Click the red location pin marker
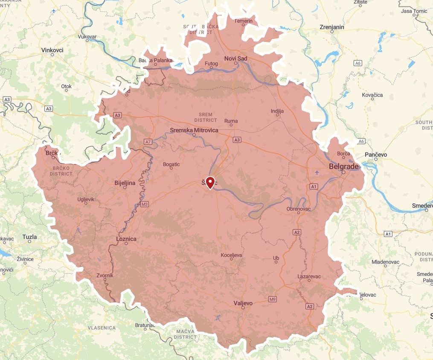pos(210,182)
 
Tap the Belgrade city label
pos(345,166)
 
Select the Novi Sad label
pos(235,59)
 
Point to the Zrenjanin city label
pos(331,27)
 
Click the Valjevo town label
pos(243,303)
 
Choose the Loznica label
pos(126,239)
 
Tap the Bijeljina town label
pos(125,183)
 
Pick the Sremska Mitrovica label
pos(194,130)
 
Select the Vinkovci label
pos(52,50)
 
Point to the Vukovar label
pos(87,37)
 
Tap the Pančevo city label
pos(376,154)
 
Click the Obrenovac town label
pos(298,208)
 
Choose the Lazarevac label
pos(309,276)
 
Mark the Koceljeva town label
pos(232,255)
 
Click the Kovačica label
pos(372,95)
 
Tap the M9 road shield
pos(273,299)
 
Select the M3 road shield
pos(145,204)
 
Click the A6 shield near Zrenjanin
pos(358,63)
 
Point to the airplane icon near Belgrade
pos(317,173)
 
